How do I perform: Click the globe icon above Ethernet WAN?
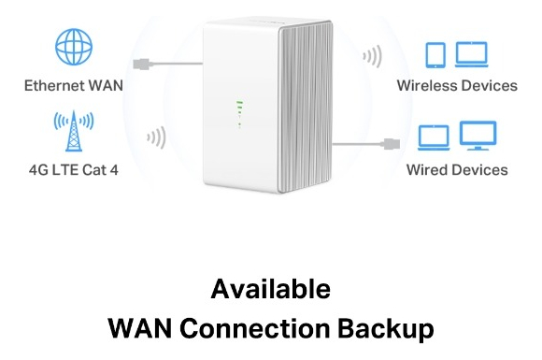[72, 46]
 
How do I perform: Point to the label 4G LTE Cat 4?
[72, 170]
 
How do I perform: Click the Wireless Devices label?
[457, 85]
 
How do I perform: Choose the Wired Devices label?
[457, 170]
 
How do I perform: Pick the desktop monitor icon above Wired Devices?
[478, 137]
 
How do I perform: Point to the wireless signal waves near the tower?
[155, 138]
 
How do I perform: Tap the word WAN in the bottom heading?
[139, 328]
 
